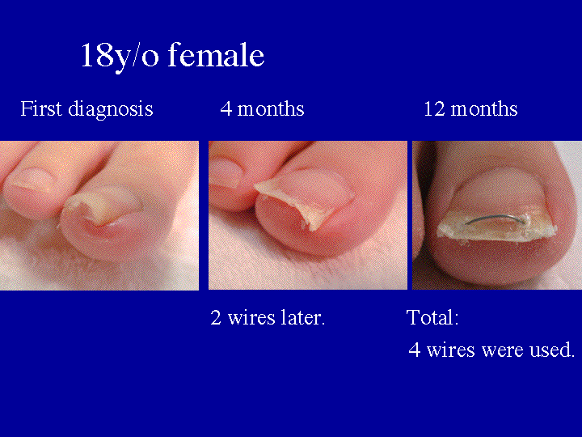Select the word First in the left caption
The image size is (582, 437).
38,108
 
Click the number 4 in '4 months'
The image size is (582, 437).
226,108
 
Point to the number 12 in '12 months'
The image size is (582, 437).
433,108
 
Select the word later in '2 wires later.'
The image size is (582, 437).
301,317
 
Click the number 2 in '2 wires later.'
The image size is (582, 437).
216,317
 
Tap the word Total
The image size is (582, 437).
432,317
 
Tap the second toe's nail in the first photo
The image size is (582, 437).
30,176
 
